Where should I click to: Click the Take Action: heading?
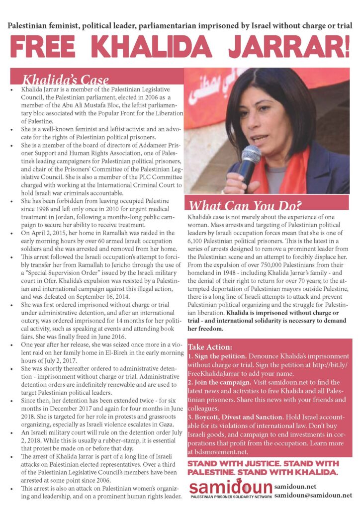pyautogui.click(x=210, y=346)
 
